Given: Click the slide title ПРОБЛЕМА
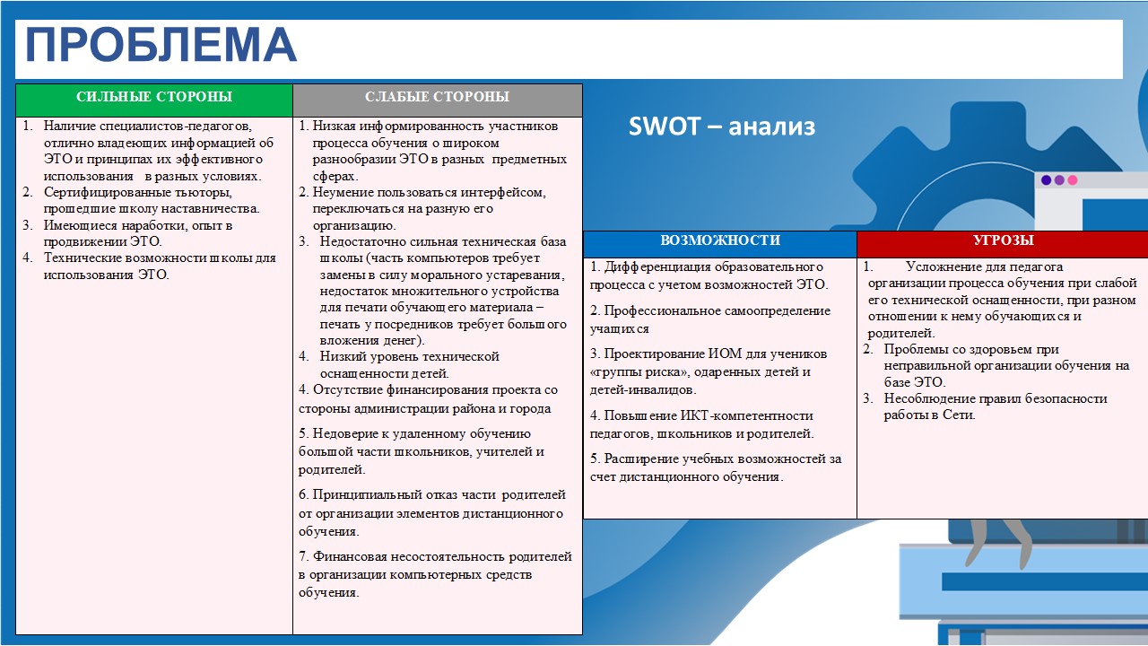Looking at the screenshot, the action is click(x=161, y=45).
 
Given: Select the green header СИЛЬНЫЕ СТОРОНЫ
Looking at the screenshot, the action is click(x=154, y=96).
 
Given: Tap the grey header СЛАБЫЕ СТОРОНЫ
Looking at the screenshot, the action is click(x=437, y=96).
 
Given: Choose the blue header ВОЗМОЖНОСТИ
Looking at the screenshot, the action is click(x=720, y=240).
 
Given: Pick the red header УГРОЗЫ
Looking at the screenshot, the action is click(x=1003, y=240).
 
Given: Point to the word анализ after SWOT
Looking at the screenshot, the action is click(x=772, y=127).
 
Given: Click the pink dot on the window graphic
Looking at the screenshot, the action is click(x=1072, y=180).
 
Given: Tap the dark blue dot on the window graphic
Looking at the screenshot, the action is click(x=1047, y=180).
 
